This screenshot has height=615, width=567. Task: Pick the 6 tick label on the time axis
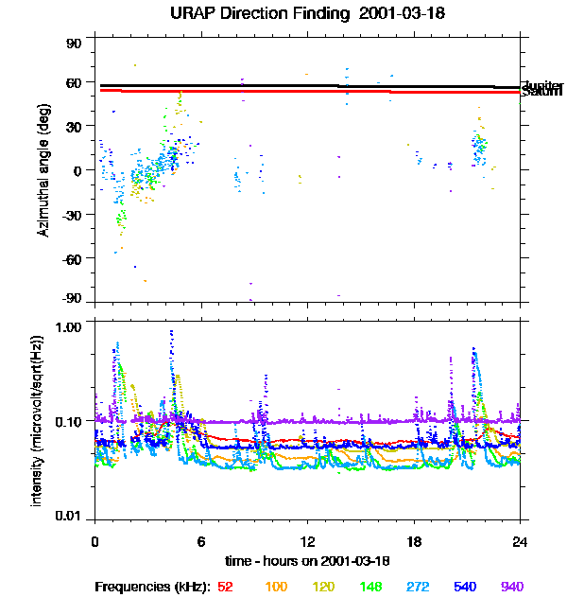[201, 541]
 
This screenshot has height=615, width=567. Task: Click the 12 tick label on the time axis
[307, 541]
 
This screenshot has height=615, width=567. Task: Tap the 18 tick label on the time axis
[414, 541]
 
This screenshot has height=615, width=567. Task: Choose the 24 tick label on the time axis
[520, 541]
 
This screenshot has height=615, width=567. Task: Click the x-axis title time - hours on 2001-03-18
[308, 562]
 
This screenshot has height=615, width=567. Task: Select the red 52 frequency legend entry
[225, 587]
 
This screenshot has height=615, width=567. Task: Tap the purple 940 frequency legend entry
[511, 587]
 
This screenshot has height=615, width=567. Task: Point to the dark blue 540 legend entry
[465, 587]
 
